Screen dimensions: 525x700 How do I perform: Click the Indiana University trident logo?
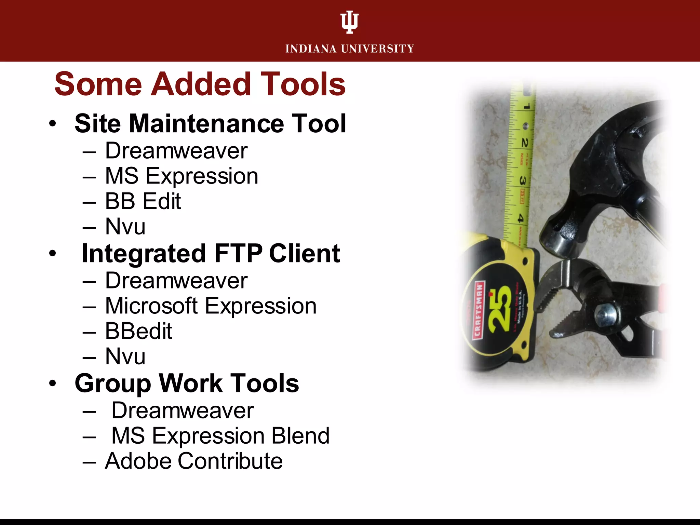(349, 22)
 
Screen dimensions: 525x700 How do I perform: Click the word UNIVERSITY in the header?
(377, 49)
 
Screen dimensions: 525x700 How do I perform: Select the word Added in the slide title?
(201, 84)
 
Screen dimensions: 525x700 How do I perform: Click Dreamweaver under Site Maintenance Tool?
(176, 151)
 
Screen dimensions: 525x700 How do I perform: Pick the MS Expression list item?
(181, 176)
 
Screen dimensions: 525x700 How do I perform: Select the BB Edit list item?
(143, 201)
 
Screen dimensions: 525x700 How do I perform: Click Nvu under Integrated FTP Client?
(125, 356)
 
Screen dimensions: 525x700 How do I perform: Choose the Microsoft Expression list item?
(211, 306)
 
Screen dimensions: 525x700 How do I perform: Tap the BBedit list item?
(138, 331)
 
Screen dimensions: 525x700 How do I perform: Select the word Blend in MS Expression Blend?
(300, 436)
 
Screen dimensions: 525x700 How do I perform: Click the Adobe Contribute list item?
(193, 461)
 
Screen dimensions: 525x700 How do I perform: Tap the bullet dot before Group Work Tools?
(52, 383)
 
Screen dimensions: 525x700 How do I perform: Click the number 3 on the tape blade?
(523, 180)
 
